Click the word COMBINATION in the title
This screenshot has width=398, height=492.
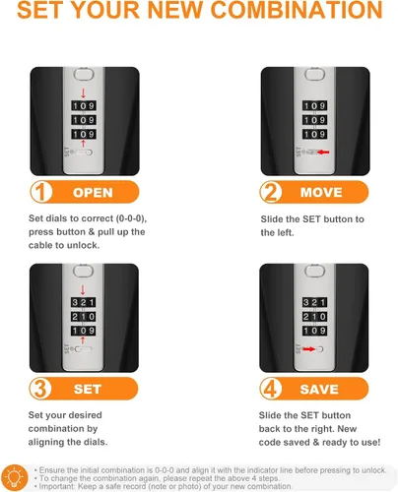pyautogui.click(x=298, y=10)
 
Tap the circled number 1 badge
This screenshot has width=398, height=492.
pyautogui.click(x=41, y=192)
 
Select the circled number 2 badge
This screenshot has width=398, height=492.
pyautogui.click(x=271, y=192)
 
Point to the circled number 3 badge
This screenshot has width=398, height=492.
pyautogui.click(x=40, y=389)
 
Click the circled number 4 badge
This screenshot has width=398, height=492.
pyautogui.click(x=271, y=389)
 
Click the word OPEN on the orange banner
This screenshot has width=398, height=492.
pyautogui.click(x=93, y=193)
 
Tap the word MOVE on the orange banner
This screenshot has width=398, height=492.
pyautogui.click(x=321, y=193)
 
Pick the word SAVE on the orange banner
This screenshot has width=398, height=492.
pyautogui.click(x=319, y=390)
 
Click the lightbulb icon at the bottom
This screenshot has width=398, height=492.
pyautogui.click(x=15, y=478)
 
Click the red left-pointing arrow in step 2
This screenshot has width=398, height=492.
pyautogui.click(x=323, y=153)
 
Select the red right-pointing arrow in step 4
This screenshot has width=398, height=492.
pyautogui.click(x=309, y=349)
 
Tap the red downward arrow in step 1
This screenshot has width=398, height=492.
pyautogui.click(x=83, y=93)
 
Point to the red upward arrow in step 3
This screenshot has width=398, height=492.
pyautogui.click(x=83, y=340)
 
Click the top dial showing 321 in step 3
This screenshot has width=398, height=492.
pyautogui.click(x=84, y=302)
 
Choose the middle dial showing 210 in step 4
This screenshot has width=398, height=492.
pyautogui.click(x=314, y=317)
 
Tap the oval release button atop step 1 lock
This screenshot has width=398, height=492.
pyautogui.click(x=84, y=74)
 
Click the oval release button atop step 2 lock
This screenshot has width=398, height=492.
pyautogui.click(x=314, y=74)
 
